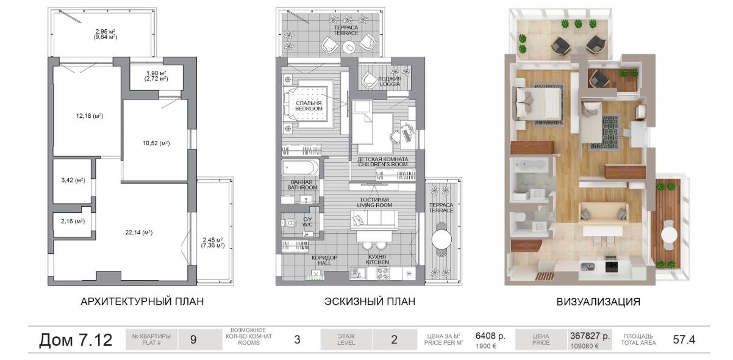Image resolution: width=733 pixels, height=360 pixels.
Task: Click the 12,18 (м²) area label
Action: (89, 116)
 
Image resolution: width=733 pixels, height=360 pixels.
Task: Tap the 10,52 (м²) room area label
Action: (156, 143)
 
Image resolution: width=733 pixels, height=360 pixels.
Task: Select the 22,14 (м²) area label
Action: (139, 232)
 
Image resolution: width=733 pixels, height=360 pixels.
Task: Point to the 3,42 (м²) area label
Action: (73, 180)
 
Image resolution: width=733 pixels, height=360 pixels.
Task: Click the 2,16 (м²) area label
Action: (73, 221)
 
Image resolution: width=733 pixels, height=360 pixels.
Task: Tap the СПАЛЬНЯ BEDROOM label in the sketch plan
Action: (309, 106)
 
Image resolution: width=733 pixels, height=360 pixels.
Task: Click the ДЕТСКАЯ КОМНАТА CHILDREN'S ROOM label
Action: (383, 162)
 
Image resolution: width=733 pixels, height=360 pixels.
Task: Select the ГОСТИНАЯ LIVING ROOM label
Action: (374, 202)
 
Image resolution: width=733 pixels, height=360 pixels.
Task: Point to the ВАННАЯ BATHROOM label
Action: (302, 185)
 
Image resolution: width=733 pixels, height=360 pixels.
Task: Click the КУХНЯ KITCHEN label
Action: (377, 259)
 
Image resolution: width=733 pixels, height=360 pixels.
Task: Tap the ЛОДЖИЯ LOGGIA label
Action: (390, 81)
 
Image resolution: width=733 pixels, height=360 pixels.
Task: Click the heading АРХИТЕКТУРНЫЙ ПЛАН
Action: (142, 301)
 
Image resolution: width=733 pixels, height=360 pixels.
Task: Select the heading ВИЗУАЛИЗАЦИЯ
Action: (598, 301)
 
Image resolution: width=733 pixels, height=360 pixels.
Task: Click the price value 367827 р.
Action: (590, 336)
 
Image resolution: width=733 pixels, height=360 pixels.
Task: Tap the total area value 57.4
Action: (684, 340)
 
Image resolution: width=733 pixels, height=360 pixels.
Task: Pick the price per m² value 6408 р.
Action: (490, 336)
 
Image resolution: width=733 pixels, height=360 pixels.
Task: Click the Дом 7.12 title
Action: (76, 340)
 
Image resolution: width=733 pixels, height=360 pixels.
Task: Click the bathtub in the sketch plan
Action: (300, 168)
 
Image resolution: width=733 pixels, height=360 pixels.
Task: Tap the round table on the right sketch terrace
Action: (442, 240)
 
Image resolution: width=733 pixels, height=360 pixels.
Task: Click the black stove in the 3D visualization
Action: (610, 267)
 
